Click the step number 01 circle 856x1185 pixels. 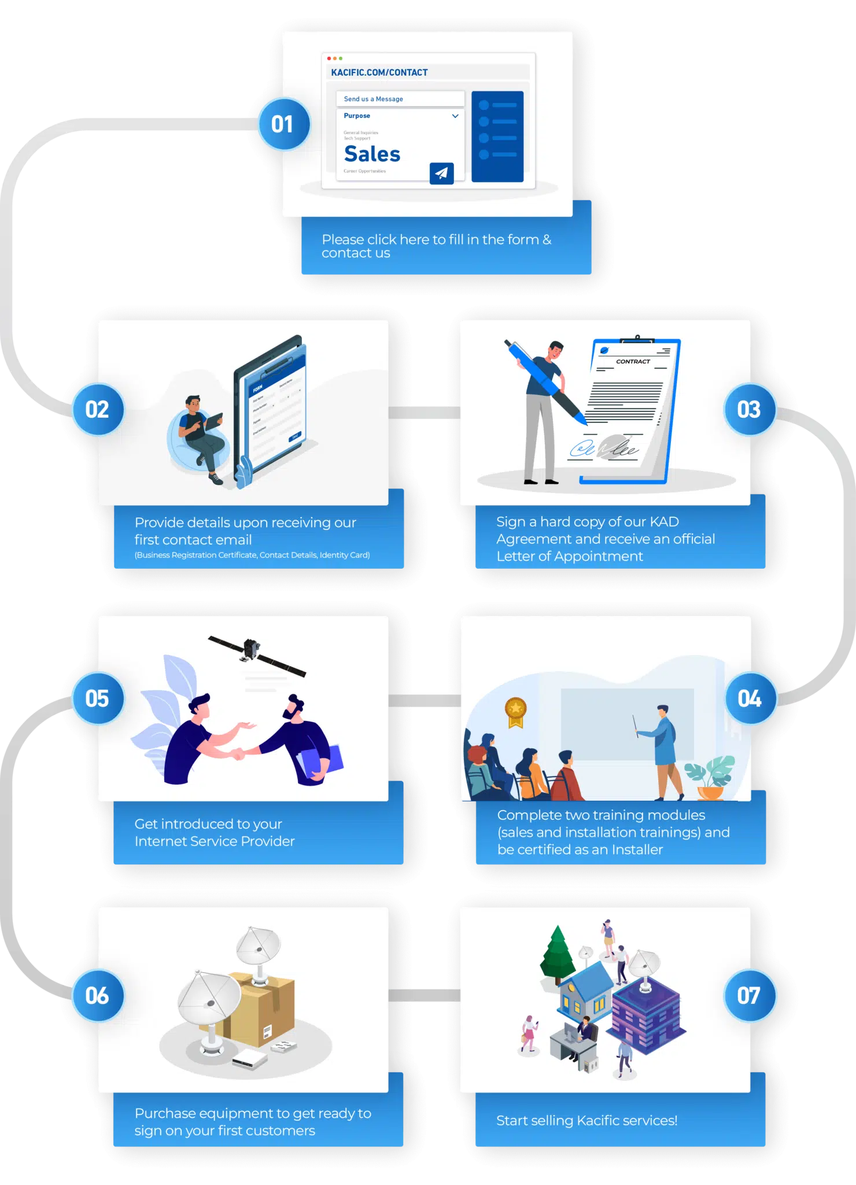point(283,124)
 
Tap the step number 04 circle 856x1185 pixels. point(750,698)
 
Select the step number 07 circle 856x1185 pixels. point(749,995)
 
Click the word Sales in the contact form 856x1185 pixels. point(372,154)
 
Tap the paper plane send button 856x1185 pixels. point(441,172)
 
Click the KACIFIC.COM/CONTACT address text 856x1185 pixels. point(379,72)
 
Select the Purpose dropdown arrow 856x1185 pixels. point(455,116)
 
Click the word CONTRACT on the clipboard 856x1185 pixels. point(633,362)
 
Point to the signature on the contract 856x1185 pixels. point(604,448)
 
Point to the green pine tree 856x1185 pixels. point(557,954)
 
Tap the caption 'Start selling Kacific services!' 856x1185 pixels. point(586,1120)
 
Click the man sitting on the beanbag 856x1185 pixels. point(200,434)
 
